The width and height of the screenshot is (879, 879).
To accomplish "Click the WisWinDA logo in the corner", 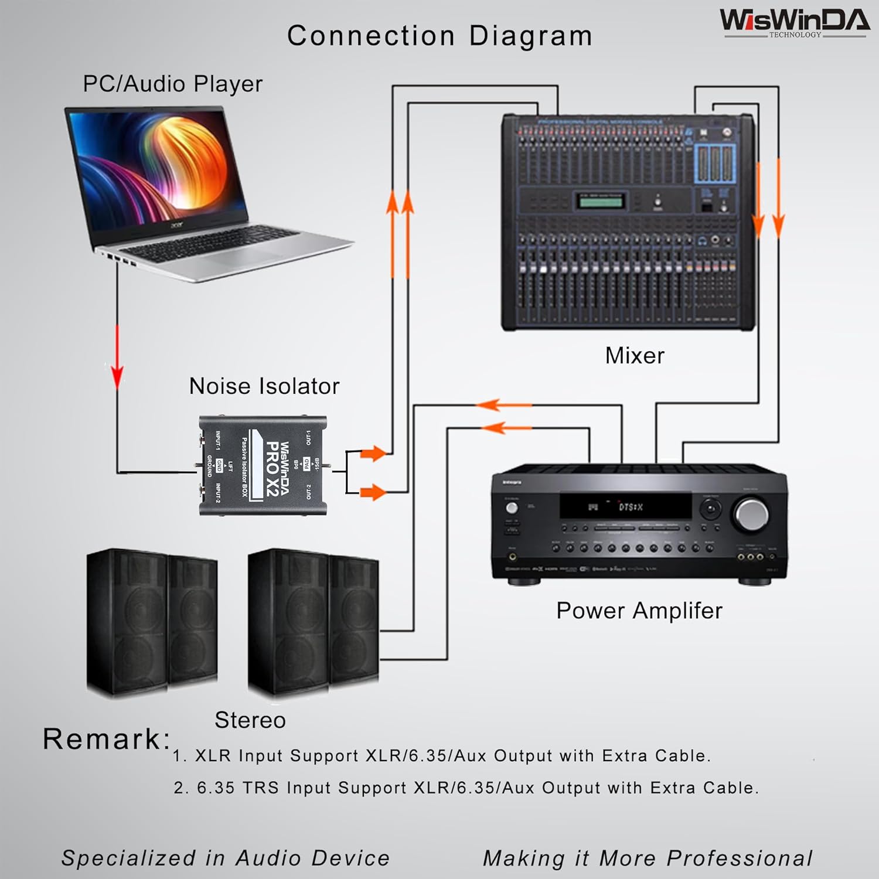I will [x=795, y=22].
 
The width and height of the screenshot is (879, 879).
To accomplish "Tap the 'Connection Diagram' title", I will [x=439, y=36].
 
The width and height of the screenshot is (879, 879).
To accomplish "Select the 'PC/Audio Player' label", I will [x=172, y=84].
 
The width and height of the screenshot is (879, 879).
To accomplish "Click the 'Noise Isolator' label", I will [x=264, y=386].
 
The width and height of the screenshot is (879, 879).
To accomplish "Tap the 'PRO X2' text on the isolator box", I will [x=272, y=469].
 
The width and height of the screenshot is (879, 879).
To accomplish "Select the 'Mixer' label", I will [x=635, y=356].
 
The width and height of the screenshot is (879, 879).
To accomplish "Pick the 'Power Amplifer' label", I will [x=639, y=611].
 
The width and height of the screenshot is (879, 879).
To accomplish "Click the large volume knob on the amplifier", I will [x=751, y=514].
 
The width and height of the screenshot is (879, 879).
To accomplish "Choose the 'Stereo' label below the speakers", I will [x=250, y=720].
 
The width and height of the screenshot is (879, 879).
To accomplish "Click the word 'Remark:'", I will [x=106, y=739].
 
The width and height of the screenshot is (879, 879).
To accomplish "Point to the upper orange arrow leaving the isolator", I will [x=373, y=453].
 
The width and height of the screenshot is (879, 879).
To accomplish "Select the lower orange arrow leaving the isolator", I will [x=373, y=492].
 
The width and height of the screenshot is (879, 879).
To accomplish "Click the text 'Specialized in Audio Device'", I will [x=226, y=858].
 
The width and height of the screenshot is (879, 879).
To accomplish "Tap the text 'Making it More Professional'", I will [x=648, y=858].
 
